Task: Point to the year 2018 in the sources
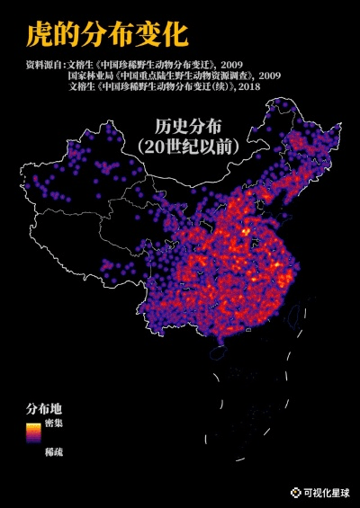[274, 87]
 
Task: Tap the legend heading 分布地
[44, 408]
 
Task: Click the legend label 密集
[53, 422]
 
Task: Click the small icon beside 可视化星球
[294, 492]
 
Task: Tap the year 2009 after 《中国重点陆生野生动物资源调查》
[269, 76]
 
